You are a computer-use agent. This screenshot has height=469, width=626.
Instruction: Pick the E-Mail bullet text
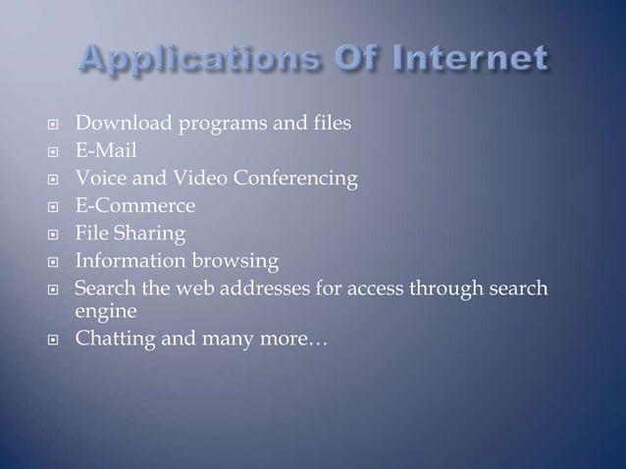[x=107, y=152]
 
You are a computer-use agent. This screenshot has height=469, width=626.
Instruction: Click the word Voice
[x=99, y=180]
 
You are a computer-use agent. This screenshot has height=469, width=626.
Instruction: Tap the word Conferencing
[x=287, y=180]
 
